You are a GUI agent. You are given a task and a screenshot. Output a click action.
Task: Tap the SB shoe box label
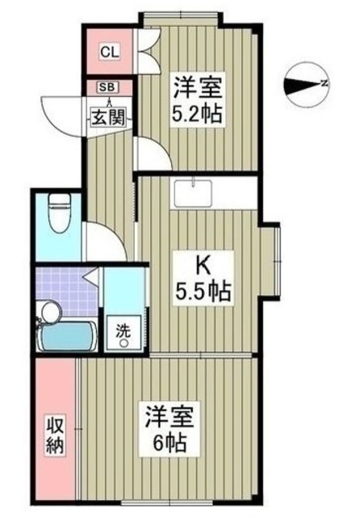point(106,86)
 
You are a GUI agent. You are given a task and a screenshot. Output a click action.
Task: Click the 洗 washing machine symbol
point(123,334)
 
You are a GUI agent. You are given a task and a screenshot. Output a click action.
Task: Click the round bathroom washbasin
point(51,310)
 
